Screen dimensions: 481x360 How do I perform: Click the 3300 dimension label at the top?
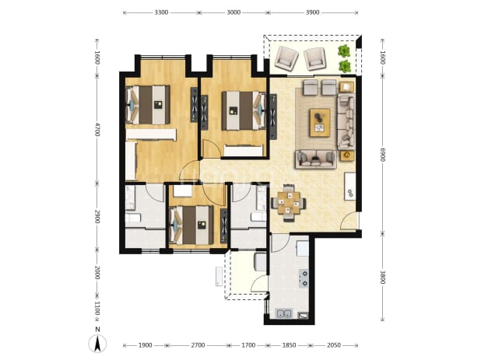pyautogui.click(x=161, y=12)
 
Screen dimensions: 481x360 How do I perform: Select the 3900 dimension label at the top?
pyautogui.click(x=313, y=12)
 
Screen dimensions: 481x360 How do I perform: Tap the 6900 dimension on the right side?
pyautogui.click(x=382, y=155)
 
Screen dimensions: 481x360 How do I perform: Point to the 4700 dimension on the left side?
pyautogui.click(x=97, y=130)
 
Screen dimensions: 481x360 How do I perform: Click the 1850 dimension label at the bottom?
pyautogui.click(x=289, y=345)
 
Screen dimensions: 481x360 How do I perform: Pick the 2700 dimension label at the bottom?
pyautogui.click(x=198, y=345)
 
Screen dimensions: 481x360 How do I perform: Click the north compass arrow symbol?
pyautogui.click(x=97, y=344)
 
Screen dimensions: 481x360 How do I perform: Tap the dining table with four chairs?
pyautogui.click(x=288, y=203)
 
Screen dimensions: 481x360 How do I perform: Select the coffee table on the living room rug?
pyautogui.click(x=320, y=123)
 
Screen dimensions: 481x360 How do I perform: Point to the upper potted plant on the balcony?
pyautogui.click(x=344, y=51)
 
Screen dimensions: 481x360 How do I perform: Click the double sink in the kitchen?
pyautogui.click(x=284, y=313)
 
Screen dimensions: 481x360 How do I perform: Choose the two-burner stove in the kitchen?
pyautogui.click(x=304, y=278)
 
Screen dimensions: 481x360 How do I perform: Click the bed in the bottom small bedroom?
pyautogui.click(x=191, y=225)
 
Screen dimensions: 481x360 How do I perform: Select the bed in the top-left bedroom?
pyautogui.click(x=148, y=105)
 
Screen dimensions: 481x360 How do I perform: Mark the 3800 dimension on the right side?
pyautogui.click(x=382, y=277)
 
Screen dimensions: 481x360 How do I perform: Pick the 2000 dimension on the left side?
pyautogui.click(x=97, y=272)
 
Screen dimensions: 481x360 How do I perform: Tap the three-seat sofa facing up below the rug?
pyautogui.click(x=316, y=159)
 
